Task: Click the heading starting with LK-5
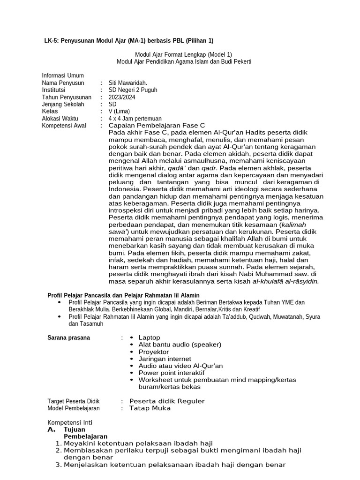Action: [x=128, y=41]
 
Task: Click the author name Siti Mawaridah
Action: [x=127, y=83]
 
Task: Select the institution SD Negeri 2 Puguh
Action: [x=133, y=90]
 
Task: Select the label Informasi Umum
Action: [x=63, y=75]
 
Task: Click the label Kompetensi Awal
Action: [x=64, y=126]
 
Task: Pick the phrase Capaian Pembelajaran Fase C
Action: [x=157, y=126]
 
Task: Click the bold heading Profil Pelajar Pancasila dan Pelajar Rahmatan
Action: [x=124, y=295]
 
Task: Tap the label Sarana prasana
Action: [x=69, y=337]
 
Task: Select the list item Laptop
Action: [x=149, y=337]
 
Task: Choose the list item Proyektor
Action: [x=153, y=352]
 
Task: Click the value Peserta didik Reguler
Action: [x=167, y=401]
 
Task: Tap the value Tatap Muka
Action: [x=150, y=408]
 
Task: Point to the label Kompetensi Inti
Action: [x=70, y=422]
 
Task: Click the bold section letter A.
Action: [x=52, y=429]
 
